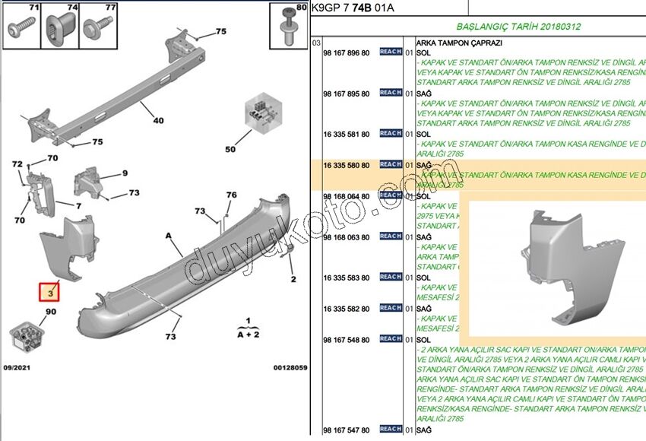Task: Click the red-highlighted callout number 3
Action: [49, 292]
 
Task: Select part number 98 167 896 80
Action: [346, 52]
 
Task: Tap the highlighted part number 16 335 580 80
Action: [346, 165]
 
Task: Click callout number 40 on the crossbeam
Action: [158, 120]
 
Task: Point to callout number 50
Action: [230, 149]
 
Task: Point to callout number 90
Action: [51, 313]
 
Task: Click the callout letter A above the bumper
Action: [168, 236]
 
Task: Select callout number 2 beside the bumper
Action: [293, 278]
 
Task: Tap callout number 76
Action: [231, 195]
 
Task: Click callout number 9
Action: [125, 173]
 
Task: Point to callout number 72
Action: [17, 164]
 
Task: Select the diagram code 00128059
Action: [290, 367]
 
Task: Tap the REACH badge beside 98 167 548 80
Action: [390, 338]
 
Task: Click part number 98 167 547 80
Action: [346, 430]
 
